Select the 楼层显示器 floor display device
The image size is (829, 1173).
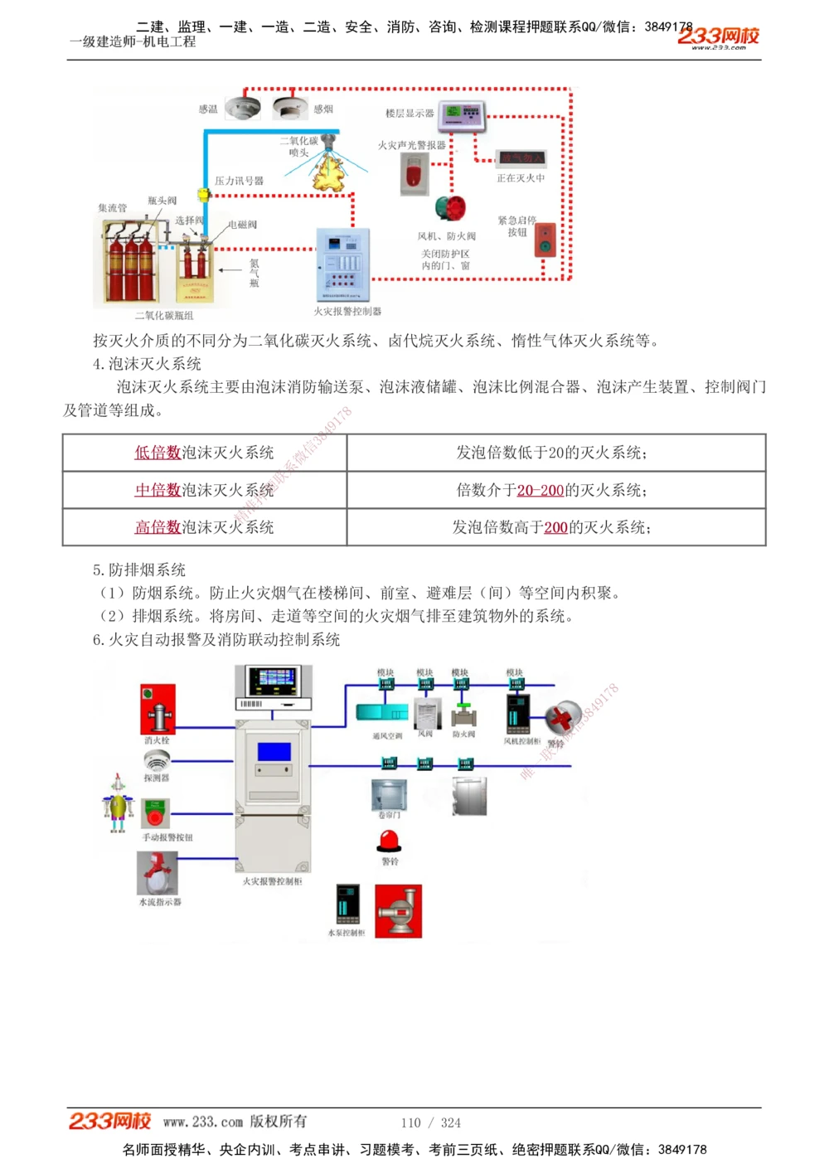point(462,116)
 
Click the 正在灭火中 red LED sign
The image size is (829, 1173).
point(521,158)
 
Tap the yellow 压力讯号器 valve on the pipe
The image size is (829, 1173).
point(203,195)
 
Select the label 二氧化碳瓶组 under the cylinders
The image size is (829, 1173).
point(164,316)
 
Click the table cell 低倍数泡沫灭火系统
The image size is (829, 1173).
point(204,453)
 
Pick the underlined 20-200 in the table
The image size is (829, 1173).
point(540,491)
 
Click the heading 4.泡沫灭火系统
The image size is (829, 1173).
point(147,364)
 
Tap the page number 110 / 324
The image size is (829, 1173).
point(430,1122)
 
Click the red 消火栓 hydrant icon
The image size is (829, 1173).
point(158,709)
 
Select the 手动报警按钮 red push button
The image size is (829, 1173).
point(155,814)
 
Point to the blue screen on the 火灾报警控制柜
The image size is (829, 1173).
point(274,752)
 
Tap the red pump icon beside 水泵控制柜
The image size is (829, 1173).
point(399,911)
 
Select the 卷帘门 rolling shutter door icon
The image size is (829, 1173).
point(389,795)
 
